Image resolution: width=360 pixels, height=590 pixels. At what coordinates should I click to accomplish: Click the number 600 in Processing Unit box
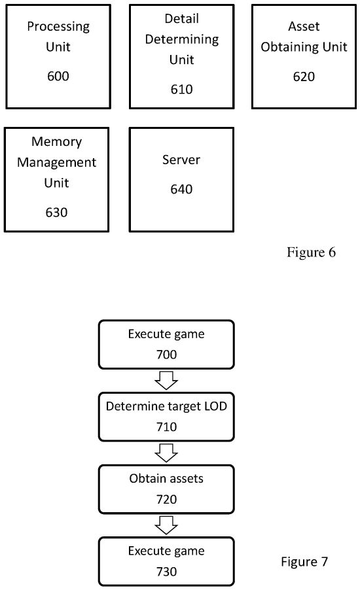coord(58,77)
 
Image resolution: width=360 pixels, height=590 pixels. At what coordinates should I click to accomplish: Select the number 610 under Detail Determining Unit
coord(181,89)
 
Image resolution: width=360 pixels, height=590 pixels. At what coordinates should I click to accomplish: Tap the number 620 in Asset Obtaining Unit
coord(304,77)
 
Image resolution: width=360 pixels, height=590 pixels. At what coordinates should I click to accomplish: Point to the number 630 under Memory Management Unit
coord(56,212)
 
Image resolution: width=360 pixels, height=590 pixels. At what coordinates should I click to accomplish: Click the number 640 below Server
coord(181,189)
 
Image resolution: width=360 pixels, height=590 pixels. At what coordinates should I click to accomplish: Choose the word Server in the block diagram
coord(181,160)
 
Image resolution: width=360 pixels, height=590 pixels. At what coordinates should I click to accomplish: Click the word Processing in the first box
coord(58,26)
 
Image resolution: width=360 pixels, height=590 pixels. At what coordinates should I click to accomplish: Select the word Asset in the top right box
coord(304,26)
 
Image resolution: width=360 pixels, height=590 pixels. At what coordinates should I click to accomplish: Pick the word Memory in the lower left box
coord(56,141)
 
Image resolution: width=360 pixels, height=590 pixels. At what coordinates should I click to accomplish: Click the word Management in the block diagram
coord(56,162)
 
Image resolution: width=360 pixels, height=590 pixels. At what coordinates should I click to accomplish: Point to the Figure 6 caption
coord(311,252)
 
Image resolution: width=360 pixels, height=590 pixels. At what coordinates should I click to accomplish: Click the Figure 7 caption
coord(304,561)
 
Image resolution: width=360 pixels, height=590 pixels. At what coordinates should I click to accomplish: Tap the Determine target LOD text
coord(166,407)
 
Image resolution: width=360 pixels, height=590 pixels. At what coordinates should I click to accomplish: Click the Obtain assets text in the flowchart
coord(166,479)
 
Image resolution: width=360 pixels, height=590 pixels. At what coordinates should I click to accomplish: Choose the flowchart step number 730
coord(166,571)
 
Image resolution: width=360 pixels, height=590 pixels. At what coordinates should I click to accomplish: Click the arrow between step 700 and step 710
coord(166,379)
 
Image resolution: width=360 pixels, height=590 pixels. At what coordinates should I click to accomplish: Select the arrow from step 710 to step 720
coord(166,452)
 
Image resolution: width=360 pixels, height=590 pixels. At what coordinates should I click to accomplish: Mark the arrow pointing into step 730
coord(166,525)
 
